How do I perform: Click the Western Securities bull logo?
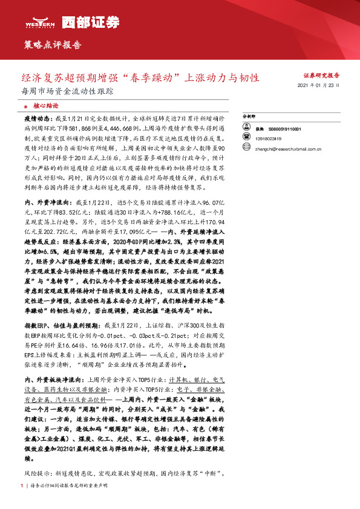coord(35,23)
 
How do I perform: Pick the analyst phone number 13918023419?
coord(266,138)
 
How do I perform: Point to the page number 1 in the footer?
coord(22,485)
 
